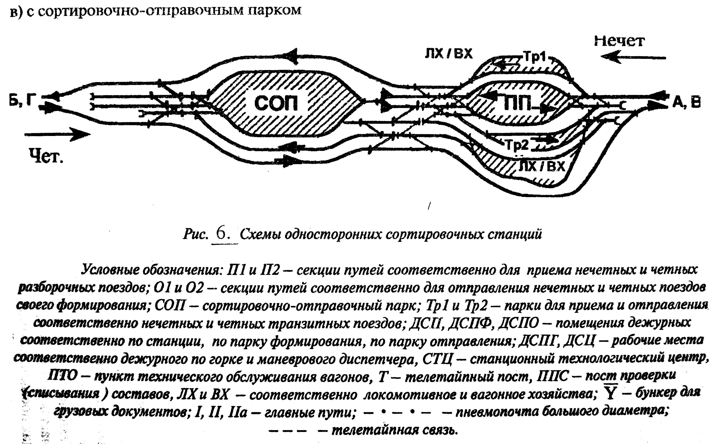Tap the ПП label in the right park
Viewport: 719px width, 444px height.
[x=517, y=103]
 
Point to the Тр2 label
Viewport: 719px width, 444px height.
[x=517, y=145]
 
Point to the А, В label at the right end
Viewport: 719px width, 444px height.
[x=686, y=102]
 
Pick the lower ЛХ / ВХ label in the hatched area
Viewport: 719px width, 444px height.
[x=542, y=166]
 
